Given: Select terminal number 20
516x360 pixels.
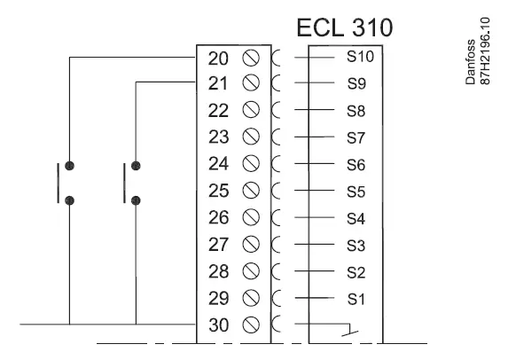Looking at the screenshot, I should [218, 59].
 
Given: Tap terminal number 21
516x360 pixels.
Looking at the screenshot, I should [218, 84].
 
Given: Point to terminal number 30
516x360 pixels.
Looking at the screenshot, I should [218, 324].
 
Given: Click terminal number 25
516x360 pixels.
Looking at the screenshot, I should [218, 191].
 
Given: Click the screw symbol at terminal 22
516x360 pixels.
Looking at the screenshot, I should [250, 111].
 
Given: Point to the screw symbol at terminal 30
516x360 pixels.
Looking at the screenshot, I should [250, 324].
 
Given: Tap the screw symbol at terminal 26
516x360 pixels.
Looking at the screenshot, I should [250, 217].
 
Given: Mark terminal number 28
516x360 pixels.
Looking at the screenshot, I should [218, 270].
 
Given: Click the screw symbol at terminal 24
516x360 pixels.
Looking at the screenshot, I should [250, 164].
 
